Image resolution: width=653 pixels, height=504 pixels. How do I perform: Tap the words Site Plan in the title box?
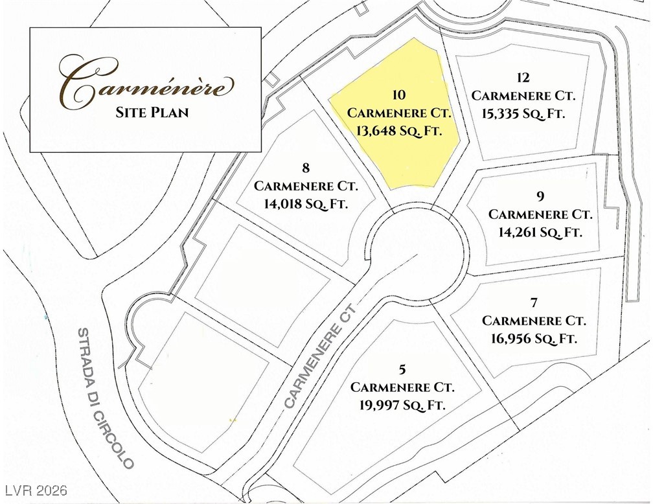[x=152, y=112]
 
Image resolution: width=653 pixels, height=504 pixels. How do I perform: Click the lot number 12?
[x=523, y=78]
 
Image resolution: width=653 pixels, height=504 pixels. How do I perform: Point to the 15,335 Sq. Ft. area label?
[x=523, y=113]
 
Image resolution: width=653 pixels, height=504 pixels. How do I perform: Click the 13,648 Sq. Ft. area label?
[x=399, y=130]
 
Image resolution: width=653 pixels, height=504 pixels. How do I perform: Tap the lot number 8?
[x=306, y=169]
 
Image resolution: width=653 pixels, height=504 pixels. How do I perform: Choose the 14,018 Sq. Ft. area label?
[x=306, y=203]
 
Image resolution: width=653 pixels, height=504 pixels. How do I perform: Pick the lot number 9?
[x=540, y=196]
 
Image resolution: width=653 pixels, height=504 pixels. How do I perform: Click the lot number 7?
[x=534, y=303]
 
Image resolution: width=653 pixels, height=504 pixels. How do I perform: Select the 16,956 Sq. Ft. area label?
[x=534, y=338]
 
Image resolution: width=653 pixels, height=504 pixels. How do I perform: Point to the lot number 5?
[x=402, y=370]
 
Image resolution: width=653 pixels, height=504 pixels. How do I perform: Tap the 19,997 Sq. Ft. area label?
[x=402, y=405]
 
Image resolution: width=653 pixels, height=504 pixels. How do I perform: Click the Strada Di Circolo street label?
[x=106, y=398]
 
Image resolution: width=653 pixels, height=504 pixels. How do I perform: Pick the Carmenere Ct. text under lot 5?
[x=402, y=387]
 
